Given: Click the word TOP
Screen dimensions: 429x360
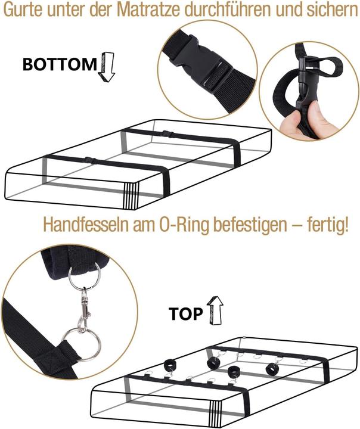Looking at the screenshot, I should [186, 314].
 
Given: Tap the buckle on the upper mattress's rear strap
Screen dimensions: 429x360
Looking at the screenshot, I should [166, 134].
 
